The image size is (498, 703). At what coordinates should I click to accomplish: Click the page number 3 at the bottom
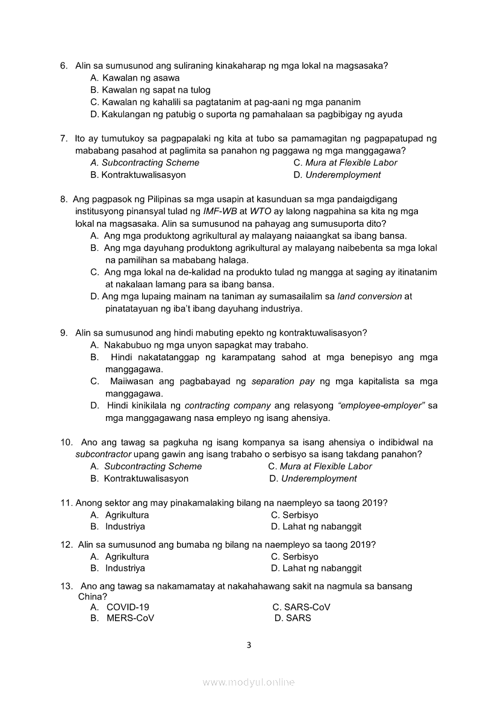pos(249,645)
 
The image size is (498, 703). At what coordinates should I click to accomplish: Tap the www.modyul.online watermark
pos(249,682)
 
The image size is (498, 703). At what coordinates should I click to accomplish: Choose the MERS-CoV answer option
pos(130,618)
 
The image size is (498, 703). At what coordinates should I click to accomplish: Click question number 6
pos(63,66)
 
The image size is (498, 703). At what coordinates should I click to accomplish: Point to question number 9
pos(63,333)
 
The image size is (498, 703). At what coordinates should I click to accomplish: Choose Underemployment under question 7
pos(343,175)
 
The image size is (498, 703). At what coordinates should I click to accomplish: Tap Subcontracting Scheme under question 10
pos(153,466)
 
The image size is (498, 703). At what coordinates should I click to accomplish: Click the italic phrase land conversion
pos(369,296)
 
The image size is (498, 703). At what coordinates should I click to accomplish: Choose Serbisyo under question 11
pos(300,515)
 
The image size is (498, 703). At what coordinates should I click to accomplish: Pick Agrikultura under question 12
pos(126,556)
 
